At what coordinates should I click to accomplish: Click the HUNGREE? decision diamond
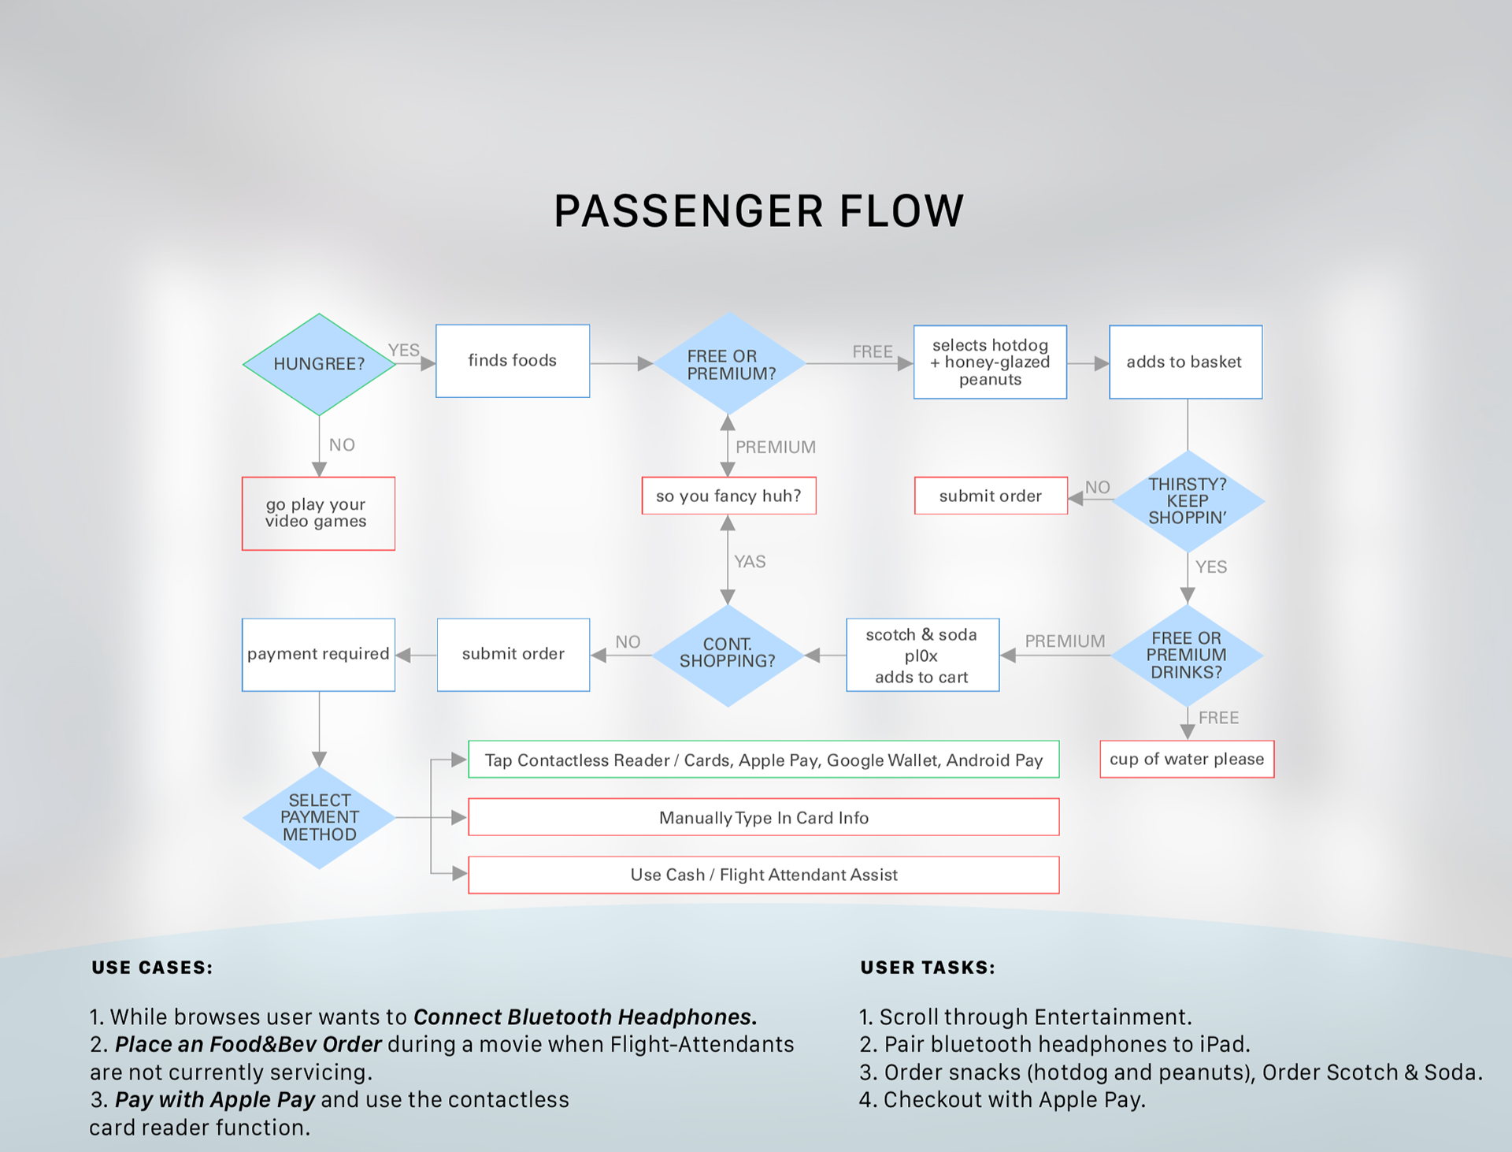(x=319, y=364)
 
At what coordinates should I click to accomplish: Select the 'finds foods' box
(x=513, y=361)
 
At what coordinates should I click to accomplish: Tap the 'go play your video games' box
(x=318, y=513)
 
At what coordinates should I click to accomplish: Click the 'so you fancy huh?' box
(x=728, y=496)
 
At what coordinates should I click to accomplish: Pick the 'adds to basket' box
(x=1185, y=362)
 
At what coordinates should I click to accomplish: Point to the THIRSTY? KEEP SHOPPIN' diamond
(x=1188, y=501)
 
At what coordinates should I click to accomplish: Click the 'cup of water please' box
(x=1187, y=759)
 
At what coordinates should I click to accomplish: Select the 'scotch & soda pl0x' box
(x=922, y=655)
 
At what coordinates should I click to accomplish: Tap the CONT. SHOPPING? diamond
(x=728, y=655)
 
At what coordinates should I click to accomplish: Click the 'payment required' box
(x=318, y=654)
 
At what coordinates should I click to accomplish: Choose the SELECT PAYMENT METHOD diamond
(x=319, y=817)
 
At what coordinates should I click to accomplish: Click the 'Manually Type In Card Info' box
(x=763, y=817)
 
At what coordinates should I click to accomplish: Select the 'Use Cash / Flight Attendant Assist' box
(x=763, y=875)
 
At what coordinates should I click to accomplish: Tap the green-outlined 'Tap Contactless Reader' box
(x=763, y=760)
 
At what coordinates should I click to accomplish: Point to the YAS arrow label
(x=750, y=562)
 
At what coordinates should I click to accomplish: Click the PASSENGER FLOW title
(x=758, y=211)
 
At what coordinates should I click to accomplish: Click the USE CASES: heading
(x=152, y=968)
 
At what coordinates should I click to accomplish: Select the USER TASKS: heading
(x=928, y=968)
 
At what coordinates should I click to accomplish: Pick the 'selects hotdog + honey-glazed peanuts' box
(x=990, y=362)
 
